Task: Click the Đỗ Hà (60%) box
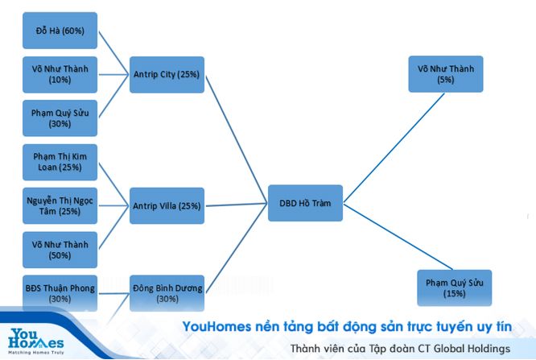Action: pyautogui.click(x=60, y=31)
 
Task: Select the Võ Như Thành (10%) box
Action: pyautogui.click(x=60, y=75)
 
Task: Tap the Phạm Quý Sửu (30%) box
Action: pyautogui.click(x=60, y=118)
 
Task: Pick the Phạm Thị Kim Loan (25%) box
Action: pyautogui.click(x=60, y=162)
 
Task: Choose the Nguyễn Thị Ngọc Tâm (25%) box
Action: pyautogui.click(x=60, y=205)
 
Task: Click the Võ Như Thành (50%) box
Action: pyautogui.click(x=60, y=250)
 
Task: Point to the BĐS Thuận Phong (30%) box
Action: pyautogui.click(x=60, y=293)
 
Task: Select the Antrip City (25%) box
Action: pyautogui.click(x=167, y=75)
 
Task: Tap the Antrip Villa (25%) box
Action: pyautogui.click(x=167, y=205)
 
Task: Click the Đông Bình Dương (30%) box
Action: pyautogui.click(x=167, y=293)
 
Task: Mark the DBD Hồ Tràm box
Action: pyautogui.click(x=305, y=203)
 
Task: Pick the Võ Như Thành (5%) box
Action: pyautogui.click(x=446, y=74)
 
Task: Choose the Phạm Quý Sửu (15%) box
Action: pyautogui.click(x=454, y=288)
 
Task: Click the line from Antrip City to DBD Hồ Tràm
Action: pyautogui.click(x=236, y=140)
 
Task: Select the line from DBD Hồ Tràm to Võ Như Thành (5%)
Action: pyautogui.click(x=394, y=148)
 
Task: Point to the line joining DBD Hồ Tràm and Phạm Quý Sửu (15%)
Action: pyautogui.click(x=398, y=237)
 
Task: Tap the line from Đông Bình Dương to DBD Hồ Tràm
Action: pyautogui.click(x=236, y=248)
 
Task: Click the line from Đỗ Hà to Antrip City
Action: pyautogui.click(x=113, y=52)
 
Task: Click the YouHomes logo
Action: pyautogui.click(x=36, y=341)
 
